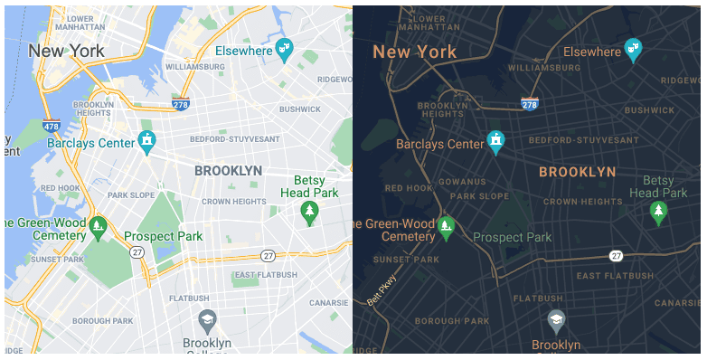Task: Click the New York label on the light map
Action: coord(66,51)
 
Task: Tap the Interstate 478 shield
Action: coord(51,126)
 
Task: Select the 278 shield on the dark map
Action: coord(531,104)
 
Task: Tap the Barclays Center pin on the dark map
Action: coord(495,141)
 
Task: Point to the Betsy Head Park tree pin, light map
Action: coord(309,213)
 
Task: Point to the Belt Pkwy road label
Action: coord(381,289)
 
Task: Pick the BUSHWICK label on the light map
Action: coord(301,109)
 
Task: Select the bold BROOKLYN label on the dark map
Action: coord(577,171)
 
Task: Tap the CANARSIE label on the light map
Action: coord(329,302)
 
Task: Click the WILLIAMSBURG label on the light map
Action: coord(194,67)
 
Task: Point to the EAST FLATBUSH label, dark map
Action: coord(614,275)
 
